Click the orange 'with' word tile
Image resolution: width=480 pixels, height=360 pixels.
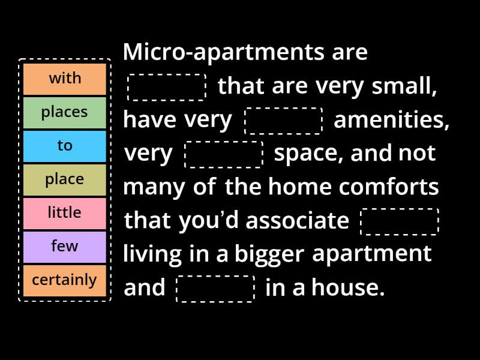click(65, 79)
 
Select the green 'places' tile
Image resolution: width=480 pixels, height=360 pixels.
click(65, 112)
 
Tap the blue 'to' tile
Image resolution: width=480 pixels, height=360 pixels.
click(65, 146)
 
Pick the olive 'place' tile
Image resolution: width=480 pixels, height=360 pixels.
click(65, 179)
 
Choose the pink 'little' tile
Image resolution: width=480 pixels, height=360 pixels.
click(65, 213)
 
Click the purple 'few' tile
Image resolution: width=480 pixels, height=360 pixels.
click(65, 247)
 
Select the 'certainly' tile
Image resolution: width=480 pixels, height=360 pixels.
click(65, 280)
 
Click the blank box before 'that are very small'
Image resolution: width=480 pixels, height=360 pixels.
click(167, 87)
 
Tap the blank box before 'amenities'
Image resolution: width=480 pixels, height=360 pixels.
click(283, 121)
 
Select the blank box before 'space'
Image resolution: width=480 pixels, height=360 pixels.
click(224, 154)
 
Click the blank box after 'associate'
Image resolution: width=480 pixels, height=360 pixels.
click(400, 221)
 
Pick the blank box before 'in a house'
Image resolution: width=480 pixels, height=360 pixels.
click(215, 289)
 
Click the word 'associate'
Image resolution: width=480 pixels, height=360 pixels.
click(298, 221)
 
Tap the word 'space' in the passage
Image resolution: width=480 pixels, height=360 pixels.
click(308, 154)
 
